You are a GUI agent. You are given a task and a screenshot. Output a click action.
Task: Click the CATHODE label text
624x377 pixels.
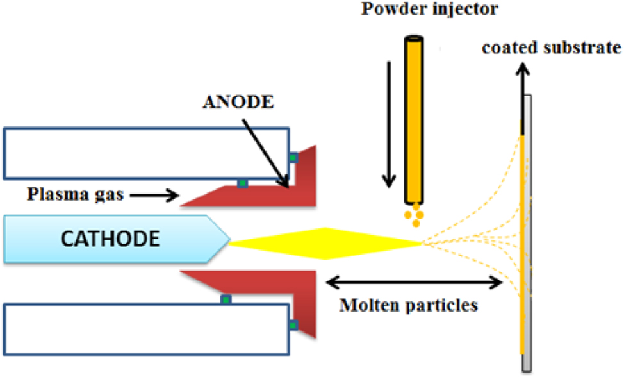[x=110, y=239]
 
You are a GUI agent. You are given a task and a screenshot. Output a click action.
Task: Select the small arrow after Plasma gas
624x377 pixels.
[x=161, y=195]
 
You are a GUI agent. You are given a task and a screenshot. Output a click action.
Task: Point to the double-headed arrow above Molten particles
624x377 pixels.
[x=414, y=281]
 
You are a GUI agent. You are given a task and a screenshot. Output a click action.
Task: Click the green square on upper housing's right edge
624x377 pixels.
[x=293, y=157]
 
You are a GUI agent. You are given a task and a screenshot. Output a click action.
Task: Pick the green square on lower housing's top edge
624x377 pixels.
[x=226, y=299]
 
